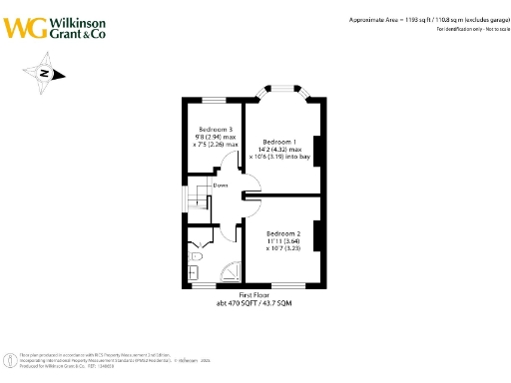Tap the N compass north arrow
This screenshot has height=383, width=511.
click(46, 73)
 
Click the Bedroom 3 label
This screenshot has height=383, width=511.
click(216, 130)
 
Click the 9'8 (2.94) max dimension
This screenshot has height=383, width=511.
click(215, 138)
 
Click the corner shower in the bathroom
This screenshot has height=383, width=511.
click(229, 271)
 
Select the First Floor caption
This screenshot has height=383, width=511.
click(256, 294)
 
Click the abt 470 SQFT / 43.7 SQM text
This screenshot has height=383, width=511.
click(256, 302)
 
